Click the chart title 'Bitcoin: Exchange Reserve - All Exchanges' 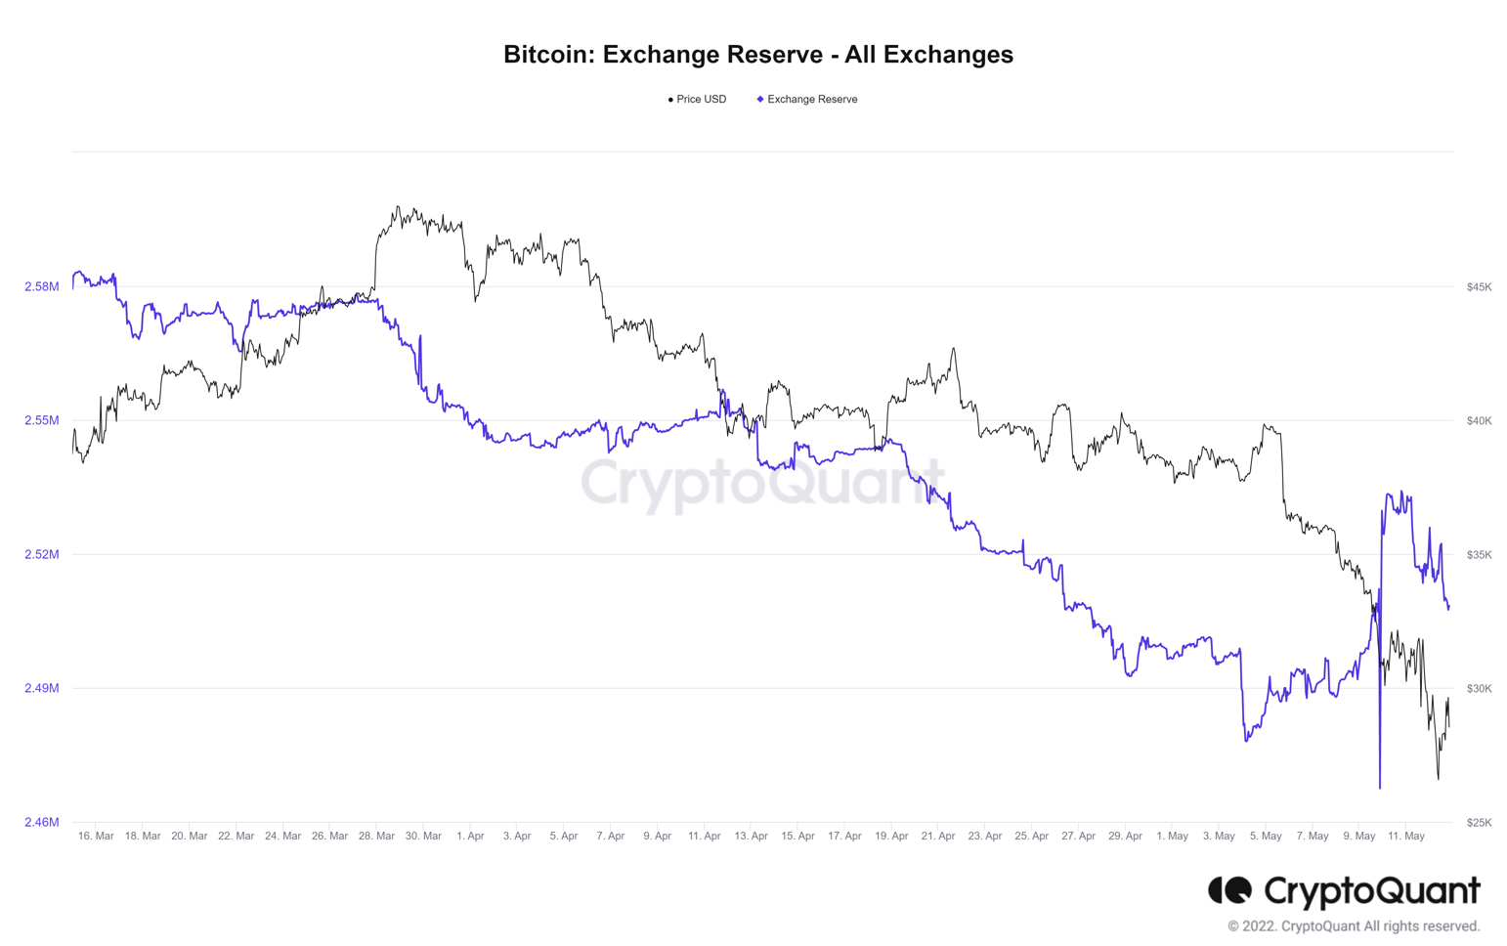point(757,55)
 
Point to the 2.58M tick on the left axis point(42,287)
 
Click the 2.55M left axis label point(42,421)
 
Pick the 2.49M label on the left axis point(42,689)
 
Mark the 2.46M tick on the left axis point(42,823)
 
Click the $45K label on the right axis point(1479,287)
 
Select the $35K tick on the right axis point(1479,555)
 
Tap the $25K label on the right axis point(1479,823)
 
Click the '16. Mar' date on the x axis point(96,837)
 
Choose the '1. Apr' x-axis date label point(470,837)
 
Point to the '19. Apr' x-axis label point(891,837)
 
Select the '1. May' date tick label point(1172,837)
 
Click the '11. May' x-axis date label point(1406,837)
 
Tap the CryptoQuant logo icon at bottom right point(1229,890)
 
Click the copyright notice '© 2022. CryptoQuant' point(1354,926)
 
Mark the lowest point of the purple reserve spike point(1380,787)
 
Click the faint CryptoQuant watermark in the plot point(762,482)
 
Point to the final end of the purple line point(1448,607)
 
